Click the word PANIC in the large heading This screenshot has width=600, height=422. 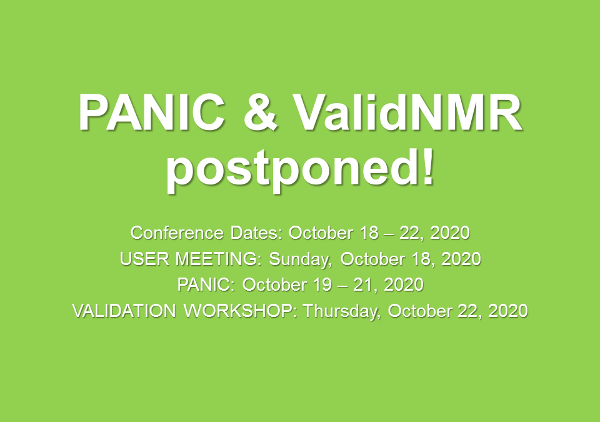click(152, 113)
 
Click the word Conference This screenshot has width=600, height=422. click(177, 233)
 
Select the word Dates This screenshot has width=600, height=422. click(256, 233)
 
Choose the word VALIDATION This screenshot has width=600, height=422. click(124, 311)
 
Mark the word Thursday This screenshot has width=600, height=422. click(342, 311)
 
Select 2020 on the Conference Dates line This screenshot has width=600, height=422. click(450, 233)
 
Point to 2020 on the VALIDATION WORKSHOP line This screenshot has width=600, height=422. click(508, 311)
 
